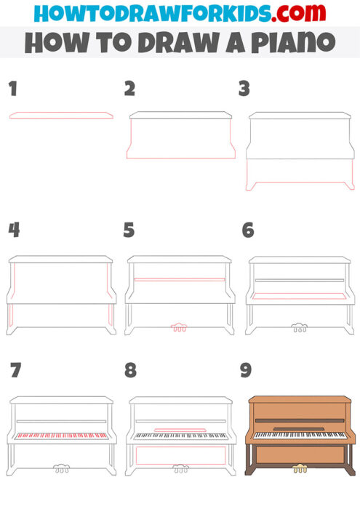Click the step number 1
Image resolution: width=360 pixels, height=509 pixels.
(12, 89)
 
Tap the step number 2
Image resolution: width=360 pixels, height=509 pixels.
(129, 89)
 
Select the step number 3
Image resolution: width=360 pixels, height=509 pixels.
(244, 89)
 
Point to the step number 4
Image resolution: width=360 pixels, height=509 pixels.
(13, 230)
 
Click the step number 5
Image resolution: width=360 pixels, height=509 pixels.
(129, 230)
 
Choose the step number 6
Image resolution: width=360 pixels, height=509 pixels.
(247, 230)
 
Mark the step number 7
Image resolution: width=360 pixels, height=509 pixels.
(15, 370)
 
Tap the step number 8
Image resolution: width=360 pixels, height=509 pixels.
(130, 370)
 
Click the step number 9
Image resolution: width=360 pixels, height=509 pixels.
(246, 370)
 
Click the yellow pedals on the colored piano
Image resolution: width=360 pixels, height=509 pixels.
(298, 469)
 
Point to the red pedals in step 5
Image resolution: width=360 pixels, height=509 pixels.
(179, 328)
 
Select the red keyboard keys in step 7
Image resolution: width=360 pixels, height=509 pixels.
(61, 436)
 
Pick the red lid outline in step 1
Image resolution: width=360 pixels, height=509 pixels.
(61, 116)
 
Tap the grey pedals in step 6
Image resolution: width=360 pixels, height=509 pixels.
(298, 328)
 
